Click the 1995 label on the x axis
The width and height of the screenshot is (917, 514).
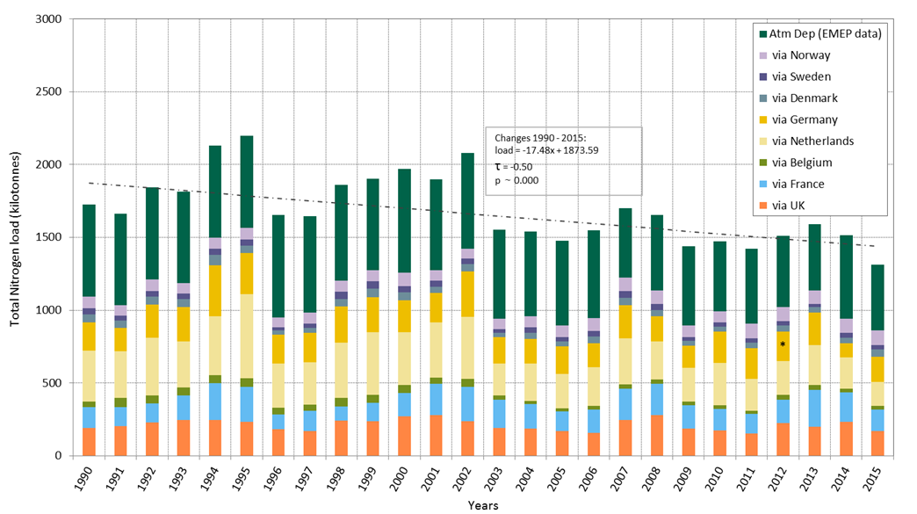pyautogui.click(x=247, y=480)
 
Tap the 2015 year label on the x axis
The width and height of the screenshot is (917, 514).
pyautogui.click(x=879, y=480)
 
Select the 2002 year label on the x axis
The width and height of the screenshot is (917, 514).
pyautogui.click(x=468, y=480)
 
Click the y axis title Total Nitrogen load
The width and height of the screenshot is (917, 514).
pyautogui.click(x=16, y=237)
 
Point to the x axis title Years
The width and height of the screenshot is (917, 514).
pyautogui.click(x=482, y=505)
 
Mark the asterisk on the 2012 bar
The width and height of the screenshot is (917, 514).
pyautogui.click(x=782, y=344)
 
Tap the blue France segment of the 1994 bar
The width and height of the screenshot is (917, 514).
pyautogui.click(x=215, y=402)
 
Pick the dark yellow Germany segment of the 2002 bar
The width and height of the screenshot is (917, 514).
pyautogui.click(x=468, y=294)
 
